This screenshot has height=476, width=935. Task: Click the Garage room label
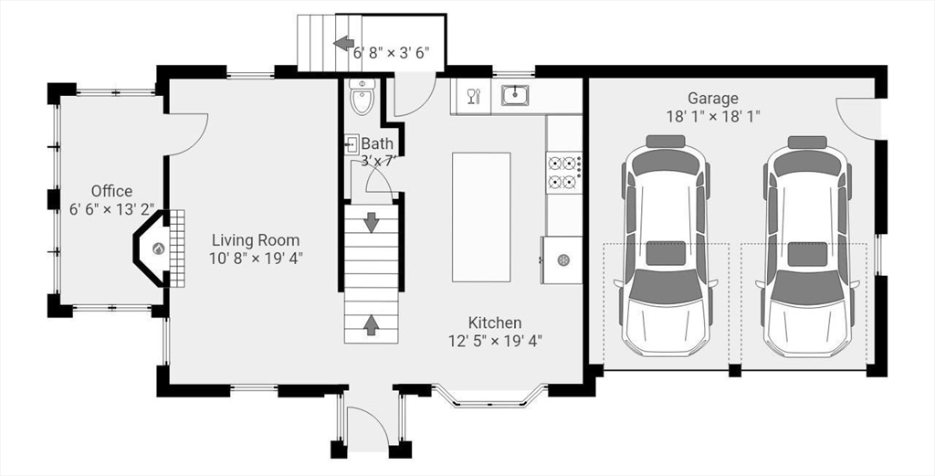[712, 98]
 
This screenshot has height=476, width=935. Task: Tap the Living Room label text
[256, 240]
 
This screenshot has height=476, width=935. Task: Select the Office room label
[112, 191]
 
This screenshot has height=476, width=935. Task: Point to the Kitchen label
[495, 323]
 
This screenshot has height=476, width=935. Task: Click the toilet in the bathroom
[362, 96]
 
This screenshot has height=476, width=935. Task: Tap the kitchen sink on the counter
[515, 95]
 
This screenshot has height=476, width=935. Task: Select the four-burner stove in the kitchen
[564, 172]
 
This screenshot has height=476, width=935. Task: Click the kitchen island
[481, 217]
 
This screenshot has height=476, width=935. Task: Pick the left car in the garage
[666, 247]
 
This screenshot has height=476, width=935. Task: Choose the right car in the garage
[807, 247]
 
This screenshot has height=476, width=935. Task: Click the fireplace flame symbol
[158, 249]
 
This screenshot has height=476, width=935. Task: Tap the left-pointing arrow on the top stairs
[343, 43]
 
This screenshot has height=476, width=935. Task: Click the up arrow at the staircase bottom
[371, 325]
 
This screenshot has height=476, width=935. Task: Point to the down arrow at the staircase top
[372, 223]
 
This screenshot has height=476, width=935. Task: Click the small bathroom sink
[352, 143]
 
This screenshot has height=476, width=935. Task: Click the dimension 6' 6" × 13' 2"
[112, 209]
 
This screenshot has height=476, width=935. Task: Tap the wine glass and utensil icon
[474, 96]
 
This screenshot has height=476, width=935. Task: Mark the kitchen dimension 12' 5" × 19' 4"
[495, 341]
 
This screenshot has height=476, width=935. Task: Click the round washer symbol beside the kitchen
[562, 259]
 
